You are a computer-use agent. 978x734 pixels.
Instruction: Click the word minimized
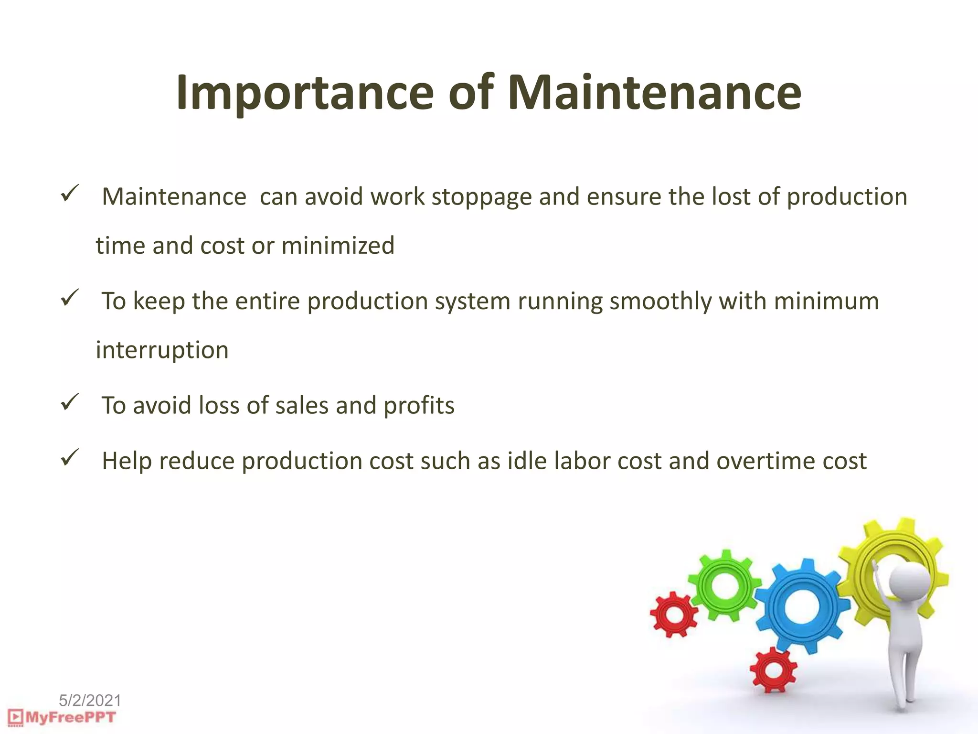(338, 246)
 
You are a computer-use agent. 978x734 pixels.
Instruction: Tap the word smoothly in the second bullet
(660, 302)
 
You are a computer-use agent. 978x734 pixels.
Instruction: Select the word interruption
(162, 350)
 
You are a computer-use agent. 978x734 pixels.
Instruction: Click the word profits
(419, 406)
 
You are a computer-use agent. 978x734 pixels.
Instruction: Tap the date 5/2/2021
(90, 701)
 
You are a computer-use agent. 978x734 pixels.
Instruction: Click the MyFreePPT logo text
(70, 717)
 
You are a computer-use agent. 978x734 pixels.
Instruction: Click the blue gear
(802, 606)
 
